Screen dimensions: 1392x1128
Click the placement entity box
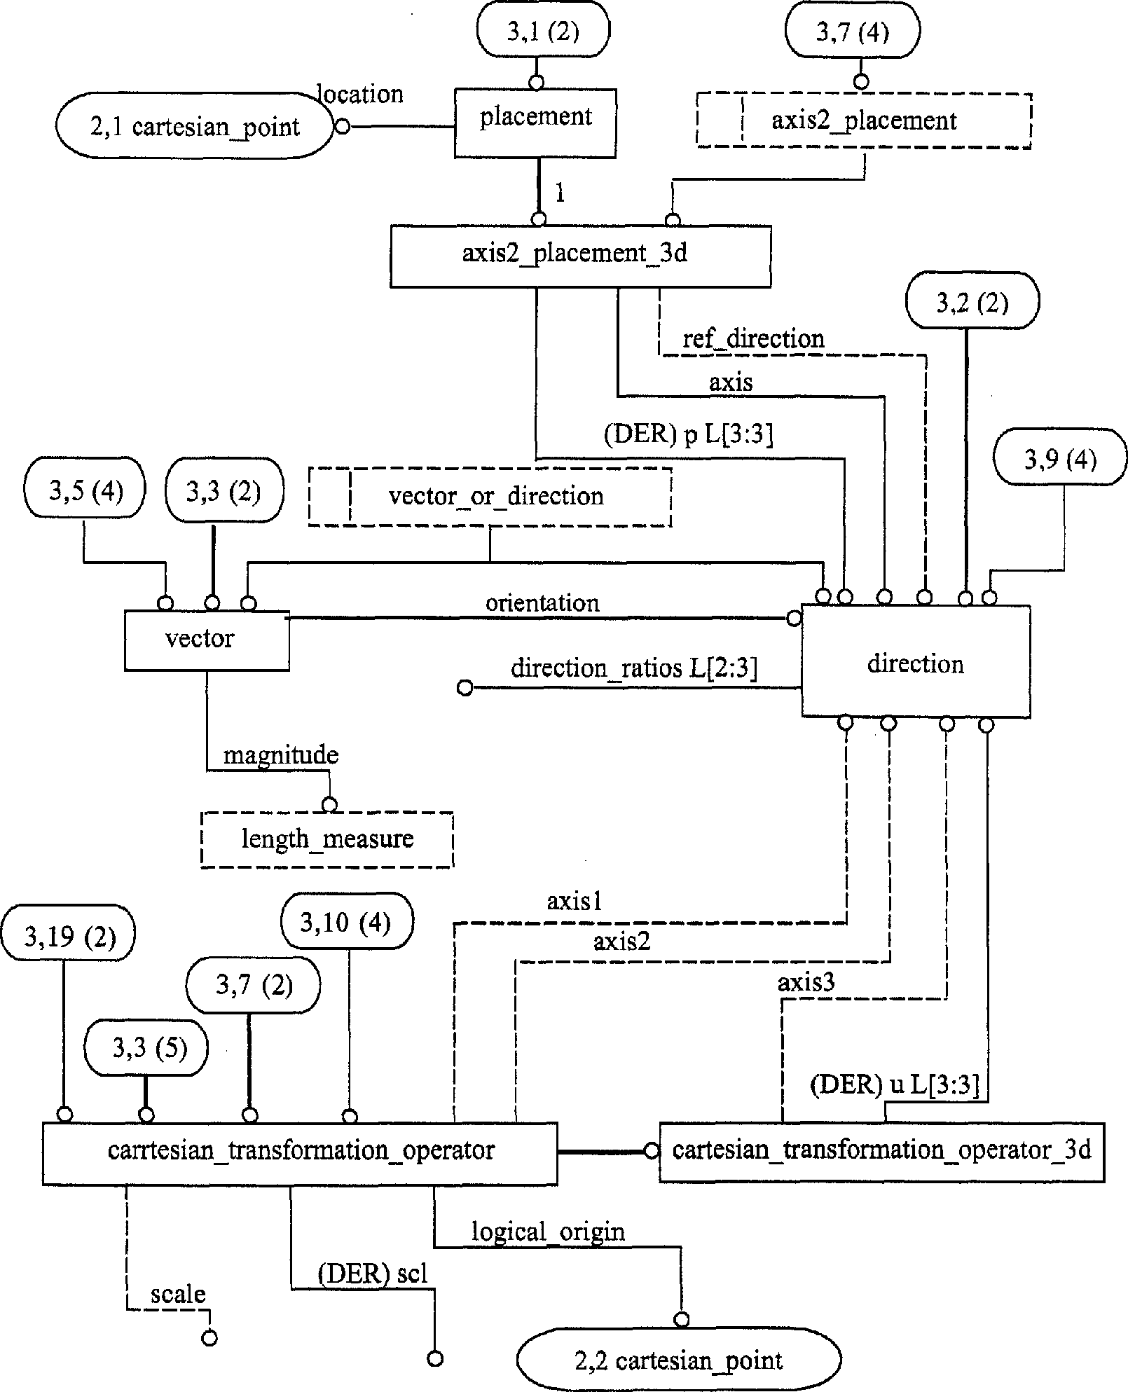535,123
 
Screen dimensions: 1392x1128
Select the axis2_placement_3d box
580,256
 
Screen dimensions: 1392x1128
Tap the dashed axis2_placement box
863,120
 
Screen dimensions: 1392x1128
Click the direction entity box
915,662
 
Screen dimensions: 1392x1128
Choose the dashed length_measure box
327,839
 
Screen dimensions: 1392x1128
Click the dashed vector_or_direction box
490,497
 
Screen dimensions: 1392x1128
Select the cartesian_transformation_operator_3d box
881,1151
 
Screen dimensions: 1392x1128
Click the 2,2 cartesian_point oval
678,1360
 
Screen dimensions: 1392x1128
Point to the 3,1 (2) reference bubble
543,32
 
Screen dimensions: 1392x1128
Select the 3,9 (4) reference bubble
1060,460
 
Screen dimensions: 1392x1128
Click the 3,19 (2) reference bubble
68,937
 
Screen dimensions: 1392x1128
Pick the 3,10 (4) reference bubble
346,922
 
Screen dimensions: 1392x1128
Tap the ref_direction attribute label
753,339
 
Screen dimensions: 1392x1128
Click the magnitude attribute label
281,755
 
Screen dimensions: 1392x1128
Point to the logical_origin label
548,1231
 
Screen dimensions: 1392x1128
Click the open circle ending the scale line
209,1338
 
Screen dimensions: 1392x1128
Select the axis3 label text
806,983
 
